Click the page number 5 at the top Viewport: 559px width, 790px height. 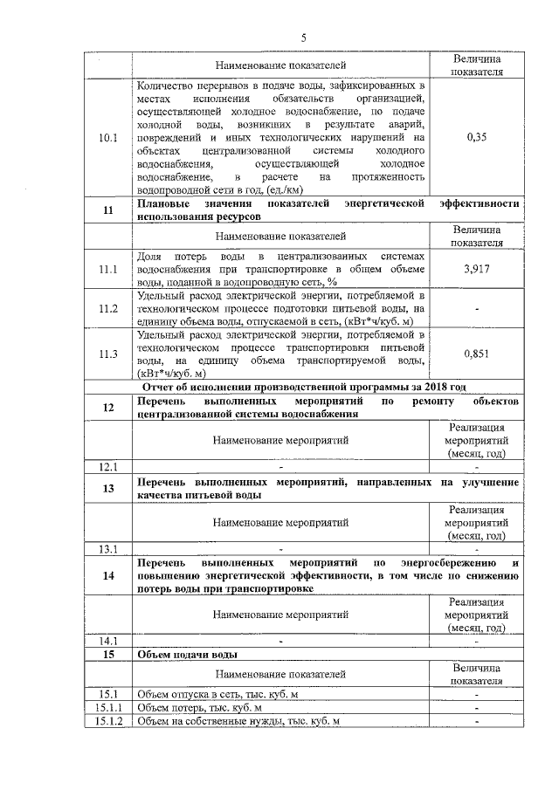pos(302,38)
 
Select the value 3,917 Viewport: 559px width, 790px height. pos(476,270)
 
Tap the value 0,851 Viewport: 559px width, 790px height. pos(476,354)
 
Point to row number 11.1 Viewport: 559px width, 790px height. pos(108,270)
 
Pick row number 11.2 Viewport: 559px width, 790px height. pos(108,308)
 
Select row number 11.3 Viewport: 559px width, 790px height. pos(108,354)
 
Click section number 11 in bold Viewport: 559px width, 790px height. pos(108,210)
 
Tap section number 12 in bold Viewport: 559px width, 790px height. pos(108,407)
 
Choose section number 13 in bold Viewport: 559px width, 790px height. pos(108,488)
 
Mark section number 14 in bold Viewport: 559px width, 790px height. pos(108,575)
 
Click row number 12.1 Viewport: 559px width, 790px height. pos(108,466)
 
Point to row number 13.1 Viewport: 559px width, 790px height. pos(108,549)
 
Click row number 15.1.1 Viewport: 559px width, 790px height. pos(108,707)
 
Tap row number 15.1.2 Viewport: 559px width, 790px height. pos(108,721)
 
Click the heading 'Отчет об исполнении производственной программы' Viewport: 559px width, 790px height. pos(305,386)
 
